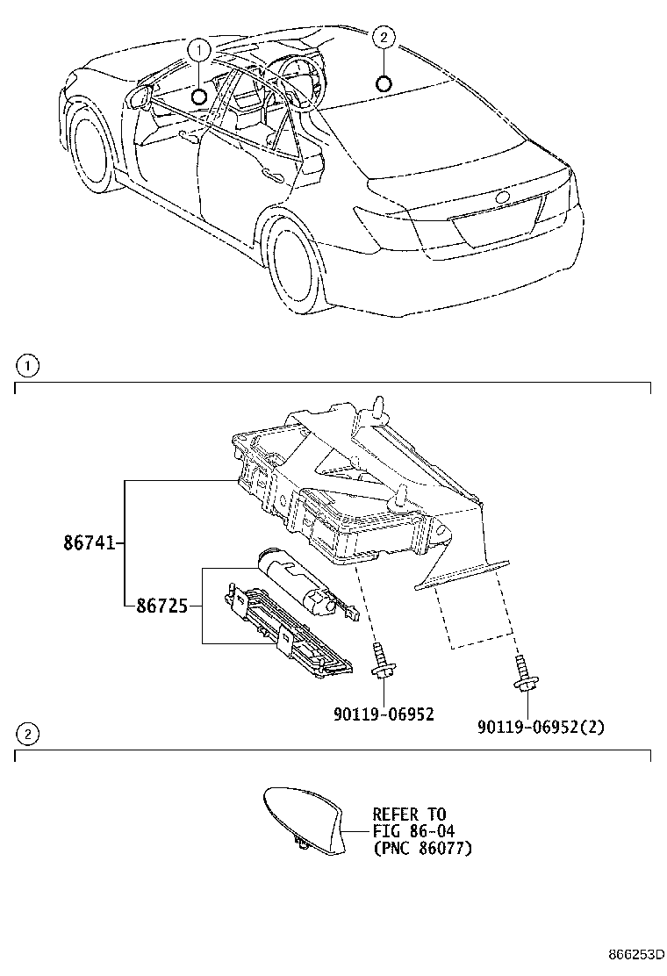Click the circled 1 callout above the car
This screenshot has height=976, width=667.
(200, 50)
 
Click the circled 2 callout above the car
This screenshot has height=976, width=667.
(383, 37)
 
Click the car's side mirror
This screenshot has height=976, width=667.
(137, 97)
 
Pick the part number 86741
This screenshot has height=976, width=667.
(89, 544)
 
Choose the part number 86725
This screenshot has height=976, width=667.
(161, 605)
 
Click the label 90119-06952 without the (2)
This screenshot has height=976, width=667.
(384, 715)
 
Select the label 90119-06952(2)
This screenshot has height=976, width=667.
(541, 727)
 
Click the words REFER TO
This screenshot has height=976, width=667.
(408, 814)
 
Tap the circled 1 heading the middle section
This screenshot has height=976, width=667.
(28, 364)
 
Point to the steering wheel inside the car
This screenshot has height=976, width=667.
(296, 75)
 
